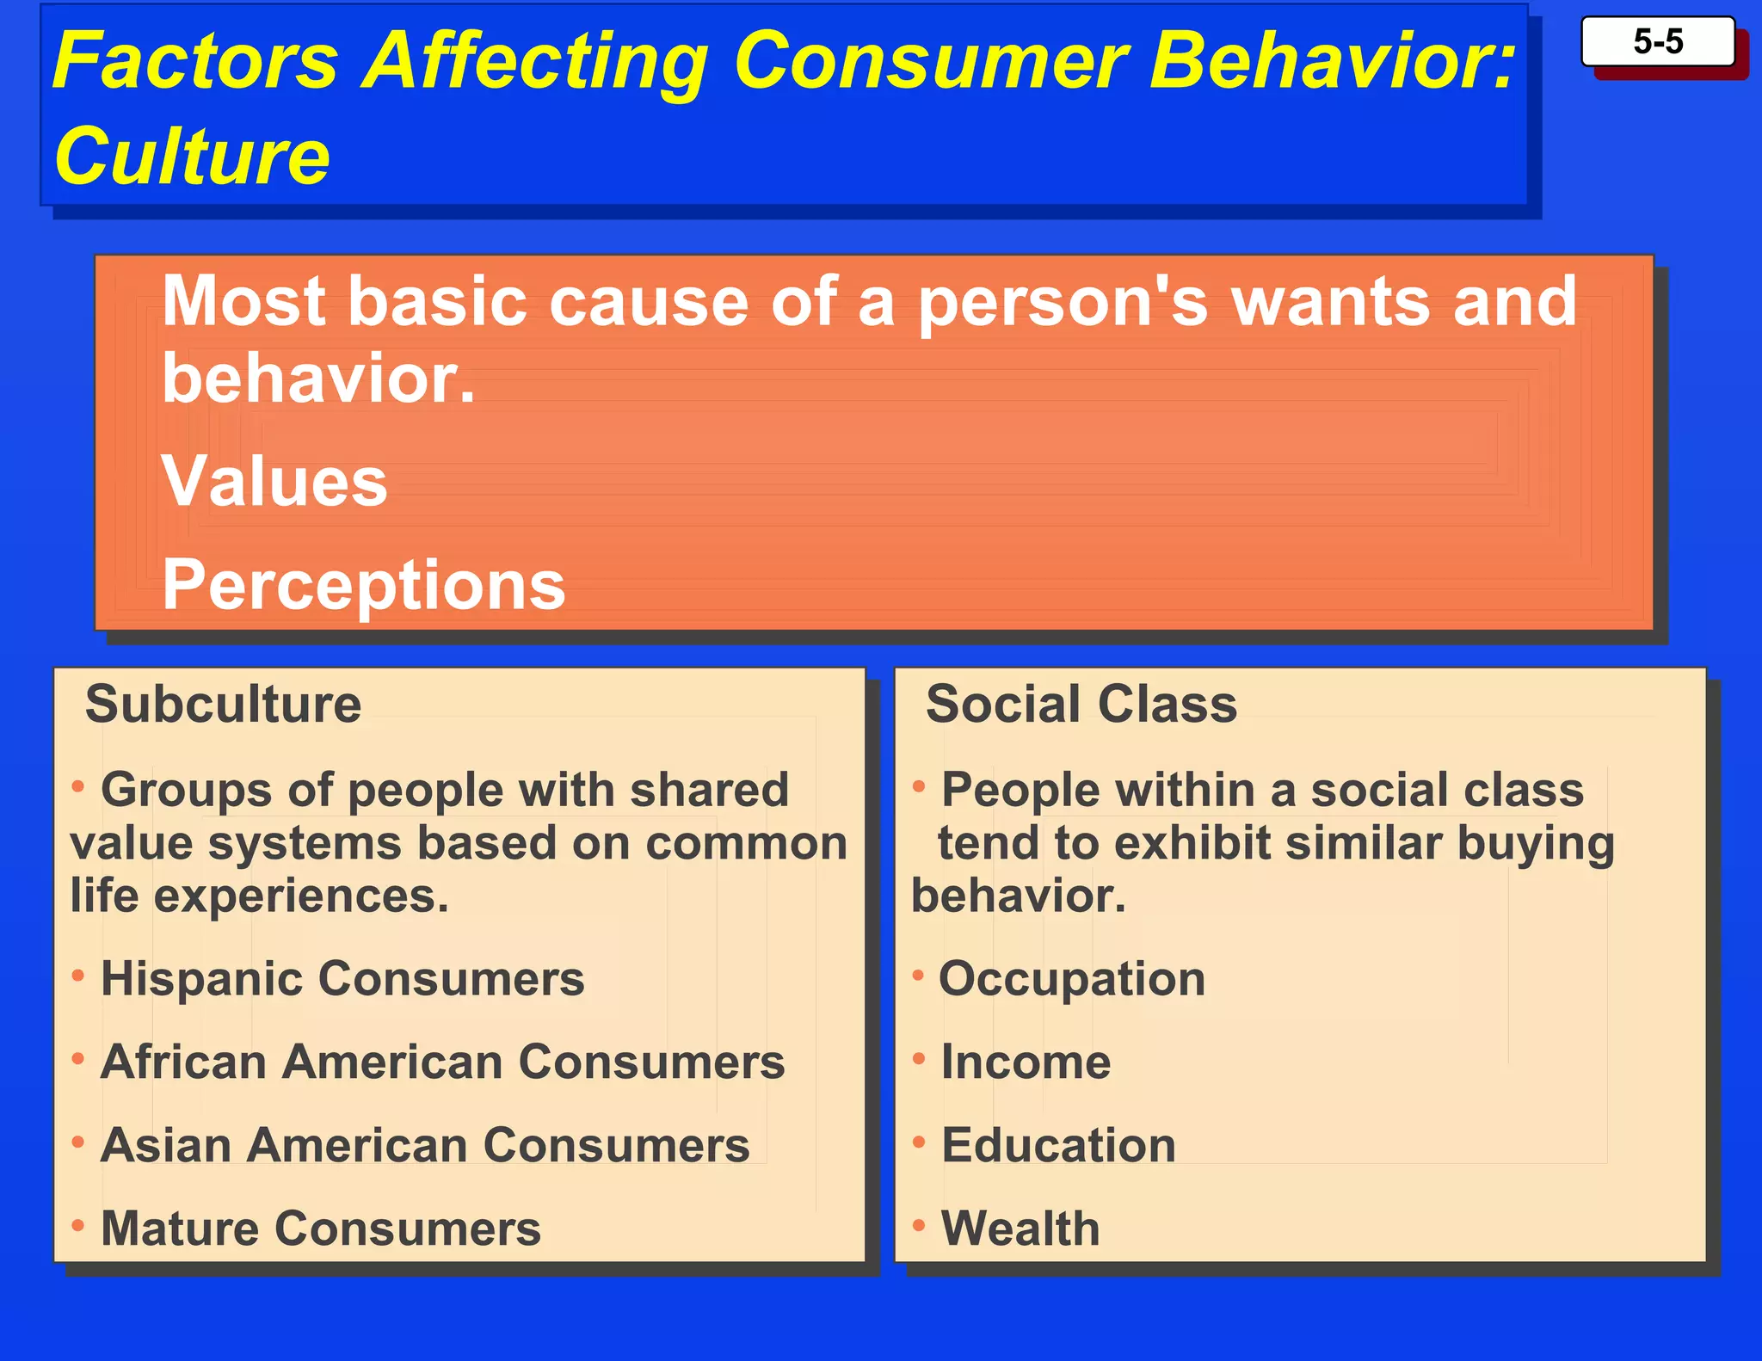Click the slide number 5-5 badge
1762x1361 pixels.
1657,41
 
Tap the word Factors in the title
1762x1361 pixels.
196,60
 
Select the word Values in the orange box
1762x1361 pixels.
274,481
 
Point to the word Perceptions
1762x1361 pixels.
364,584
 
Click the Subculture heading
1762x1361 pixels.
224,704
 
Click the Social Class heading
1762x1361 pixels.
1081,704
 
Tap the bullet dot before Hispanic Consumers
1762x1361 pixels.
78,975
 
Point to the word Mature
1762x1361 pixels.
179,1228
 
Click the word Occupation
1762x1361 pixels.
1072,979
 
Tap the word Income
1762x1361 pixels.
1026,1062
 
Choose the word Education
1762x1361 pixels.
1058,1145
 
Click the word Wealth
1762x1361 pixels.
1020,1228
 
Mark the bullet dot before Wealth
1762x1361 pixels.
918,1224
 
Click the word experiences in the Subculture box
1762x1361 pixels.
301,897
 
